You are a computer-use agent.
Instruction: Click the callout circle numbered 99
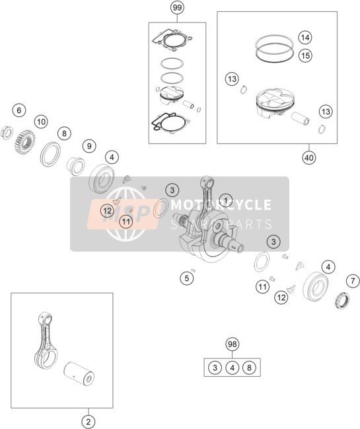click(177, 8)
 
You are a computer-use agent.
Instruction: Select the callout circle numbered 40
click(309, 157)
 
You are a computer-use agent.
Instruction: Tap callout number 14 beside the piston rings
click(305, 37)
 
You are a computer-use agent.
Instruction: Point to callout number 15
click(305, 56)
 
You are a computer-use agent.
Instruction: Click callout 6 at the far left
click(19, 110)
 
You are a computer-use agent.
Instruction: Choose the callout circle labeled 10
click(41, 122)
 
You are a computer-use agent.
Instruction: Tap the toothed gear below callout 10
click(24, 142)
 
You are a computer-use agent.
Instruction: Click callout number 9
click(89, 146)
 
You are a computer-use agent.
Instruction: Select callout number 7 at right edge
click(353, 281)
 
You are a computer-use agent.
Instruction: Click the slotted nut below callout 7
click(343, 300)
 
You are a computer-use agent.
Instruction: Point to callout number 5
click(187, 278)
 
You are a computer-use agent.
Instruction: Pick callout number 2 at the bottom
click(89, 422)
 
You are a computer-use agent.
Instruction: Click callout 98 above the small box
click(232, 344)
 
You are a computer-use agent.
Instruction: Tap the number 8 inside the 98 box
click(249, 368)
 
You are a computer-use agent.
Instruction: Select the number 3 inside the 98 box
click(215, 368)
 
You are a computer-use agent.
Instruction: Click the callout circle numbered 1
click(226, 200)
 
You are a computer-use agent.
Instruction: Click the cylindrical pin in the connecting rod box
click(79, 373)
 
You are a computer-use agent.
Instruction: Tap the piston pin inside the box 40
click(300, 118)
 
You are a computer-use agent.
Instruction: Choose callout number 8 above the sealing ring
click(64, 134)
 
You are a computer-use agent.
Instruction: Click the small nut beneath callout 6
click(7, 133)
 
